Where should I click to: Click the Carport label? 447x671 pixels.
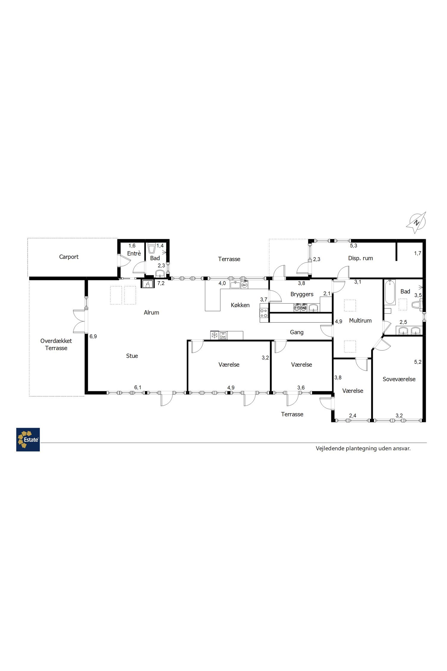click(69, 257)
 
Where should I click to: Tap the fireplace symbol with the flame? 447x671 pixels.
click(147, 284)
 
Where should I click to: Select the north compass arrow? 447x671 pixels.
click(416, 222)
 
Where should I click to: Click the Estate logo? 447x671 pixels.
click(28, 440)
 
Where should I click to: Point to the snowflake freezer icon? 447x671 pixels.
click(214, 335)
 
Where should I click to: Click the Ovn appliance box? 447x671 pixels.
click(223, 335)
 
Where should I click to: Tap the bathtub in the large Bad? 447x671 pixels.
click(389, 292)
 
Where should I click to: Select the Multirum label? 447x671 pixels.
click(360, 321)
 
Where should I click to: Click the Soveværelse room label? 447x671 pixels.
click(399, 379)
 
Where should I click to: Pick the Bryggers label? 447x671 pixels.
click(302, 294)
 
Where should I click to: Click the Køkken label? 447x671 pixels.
click(240, 305)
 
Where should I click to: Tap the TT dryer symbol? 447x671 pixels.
click(297, 308)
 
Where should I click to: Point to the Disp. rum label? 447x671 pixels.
click(361, 258)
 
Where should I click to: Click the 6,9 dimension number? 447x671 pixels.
click(93, 336)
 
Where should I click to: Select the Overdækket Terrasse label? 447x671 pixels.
click(56, 344)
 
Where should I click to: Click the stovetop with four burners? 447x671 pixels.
click(264, 313)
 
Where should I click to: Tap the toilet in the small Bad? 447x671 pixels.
click(152, 248)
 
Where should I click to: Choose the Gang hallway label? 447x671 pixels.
click(297, 332)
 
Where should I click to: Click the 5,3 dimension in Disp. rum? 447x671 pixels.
click(353, 246)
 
